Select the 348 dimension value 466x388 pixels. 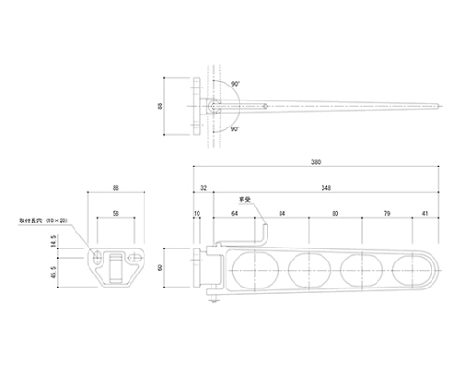[323, 188]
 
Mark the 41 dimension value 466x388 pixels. [424, 215]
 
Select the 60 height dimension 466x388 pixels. [160, 267]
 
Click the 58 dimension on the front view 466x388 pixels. [116, 215]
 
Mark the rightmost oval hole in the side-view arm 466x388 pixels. [411, 268]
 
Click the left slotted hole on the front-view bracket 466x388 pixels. [97, 252]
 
